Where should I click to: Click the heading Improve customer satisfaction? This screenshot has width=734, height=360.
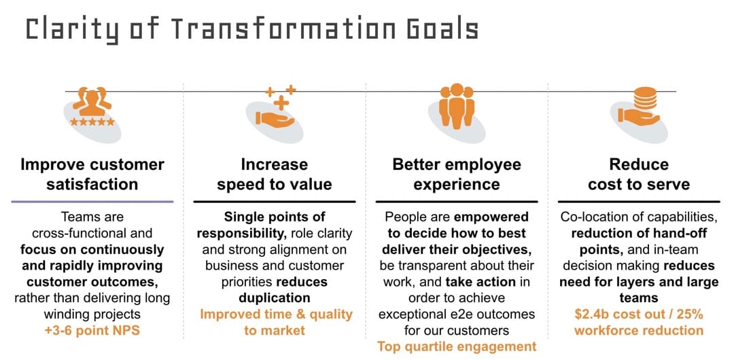[92, 174]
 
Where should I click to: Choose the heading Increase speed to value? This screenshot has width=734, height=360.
[275, 174]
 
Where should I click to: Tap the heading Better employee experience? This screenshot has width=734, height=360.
[457, 174]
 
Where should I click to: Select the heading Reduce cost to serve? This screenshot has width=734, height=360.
[639, 174]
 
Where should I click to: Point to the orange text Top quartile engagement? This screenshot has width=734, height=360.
[457, 346]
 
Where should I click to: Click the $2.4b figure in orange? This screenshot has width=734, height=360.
[593, 314]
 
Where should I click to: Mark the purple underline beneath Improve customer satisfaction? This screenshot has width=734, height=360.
[92, 201]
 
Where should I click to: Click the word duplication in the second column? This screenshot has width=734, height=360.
[275, 298]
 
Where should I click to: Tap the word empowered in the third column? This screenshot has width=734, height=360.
[491, 217]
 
